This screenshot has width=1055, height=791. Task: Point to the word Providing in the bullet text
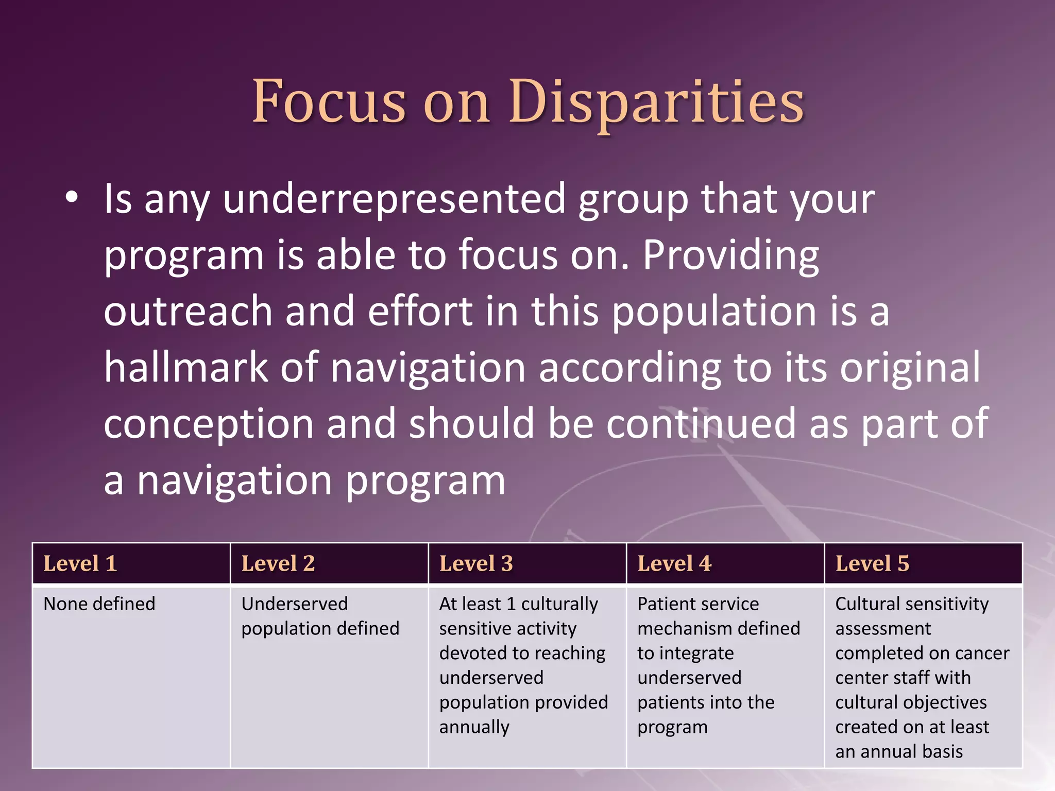[x=730, y=255]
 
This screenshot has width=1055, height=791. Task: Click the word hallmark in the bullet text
[x=185, y=367]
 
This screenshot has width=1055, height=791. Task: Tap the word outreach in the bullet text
[x=188, y=312]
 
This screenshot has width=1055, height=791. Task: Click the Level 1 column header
[x=80, y=563]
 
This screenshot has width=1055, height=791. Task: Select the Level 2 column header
[x=278, y=563]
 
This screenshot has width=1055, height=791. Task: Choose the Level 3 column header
[x=476, y=563]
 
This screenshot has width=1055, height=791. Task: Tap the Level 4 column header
[x=674, y=563]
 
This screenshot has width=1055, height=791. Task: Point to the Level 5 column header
[x=872, y=563]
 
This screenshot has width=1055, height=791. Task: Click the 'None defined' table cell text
[x=99, y=604]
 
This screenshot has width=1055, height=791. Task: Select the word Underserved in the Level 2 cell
[x=295, y=604]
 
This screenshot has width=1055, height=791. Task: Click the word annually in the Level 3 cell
[x=474, y=727]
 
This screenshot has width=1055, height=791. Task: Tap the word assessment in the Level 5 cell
[x=883, y=628]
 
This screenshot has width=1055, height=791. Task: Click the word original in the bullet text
[x=910, y=367]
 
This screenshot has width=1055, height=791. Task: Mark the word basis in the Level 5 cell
[x=943, y=752]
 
